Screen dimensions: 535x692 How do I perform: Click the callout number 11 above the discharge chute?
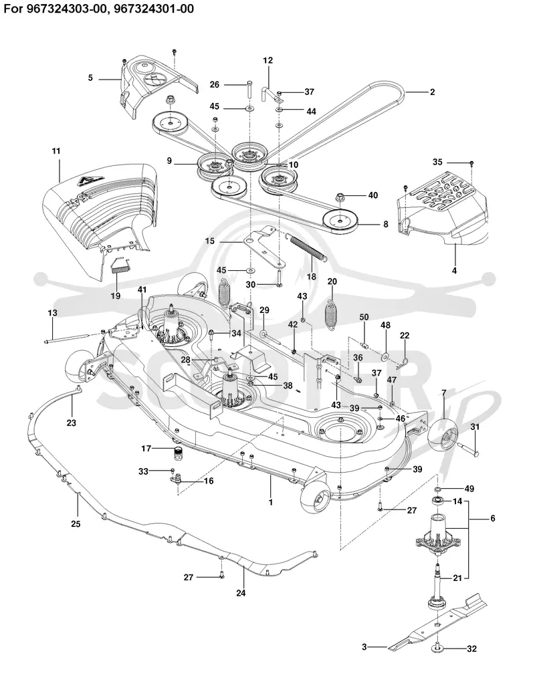pos(56,151)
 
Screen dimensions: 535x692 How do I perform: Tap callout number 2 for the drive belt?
pos(432,92)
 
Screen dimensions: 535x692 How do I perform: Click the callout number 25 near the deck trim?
pos(76,524)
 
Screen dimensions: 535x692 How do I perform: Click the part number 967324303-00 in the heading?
pos(63,9)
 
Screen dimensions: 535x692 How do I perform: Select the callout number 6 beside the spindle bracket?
pos(493,518)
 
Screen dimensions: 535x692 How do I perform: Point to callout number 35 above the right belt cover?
pos(437,162)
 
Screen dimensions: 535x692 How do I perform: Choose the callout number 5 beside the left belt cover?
pos(90,78)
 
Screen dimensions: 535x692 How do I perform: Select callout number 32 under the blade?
pos(472,649)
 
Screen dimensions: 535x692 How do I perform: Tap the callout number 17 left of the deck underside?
pos(146,449)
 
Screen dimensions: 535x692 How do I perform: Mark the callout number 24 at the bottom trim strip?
pos(241,593)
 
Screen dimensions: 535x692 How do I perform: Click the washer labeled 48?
pos(386,343)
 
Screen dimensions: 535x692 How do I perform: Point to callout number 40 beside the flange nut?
pos(373,195)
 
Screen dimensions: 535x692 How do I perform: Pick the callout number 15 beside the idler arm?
pos(210,241)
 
